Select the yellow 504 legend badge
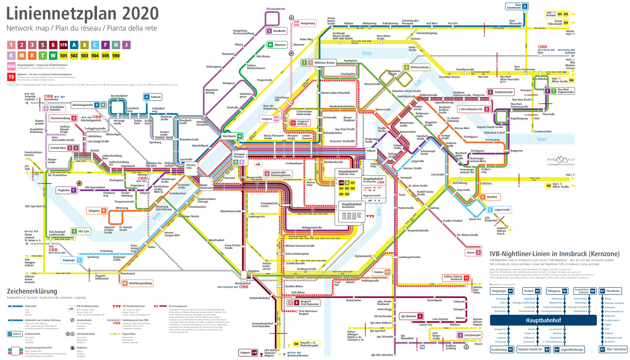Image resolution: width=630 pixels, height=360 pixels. pos(95,56)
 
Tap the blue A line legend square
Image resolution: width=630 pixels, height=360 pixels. pos(74,45)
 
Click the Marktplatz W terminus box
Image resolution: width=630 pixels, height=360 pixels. pos(232,136)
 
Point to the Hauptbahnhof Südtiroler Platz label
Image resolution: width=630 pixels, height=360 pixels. pos(348,173)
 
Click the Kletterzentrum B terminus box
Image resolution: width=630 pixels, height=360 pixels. pos(416,67)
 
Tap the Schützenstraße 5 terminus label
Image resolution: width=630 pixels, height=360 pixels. pos(501,92)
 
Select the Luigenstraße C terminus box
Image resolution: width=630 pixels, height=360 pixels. pos(499,210)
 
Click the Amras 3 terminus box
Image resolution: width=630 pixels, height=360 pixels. pos(474,252)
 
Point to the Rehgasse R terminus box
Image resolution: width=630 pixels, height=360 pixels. pos(97,211)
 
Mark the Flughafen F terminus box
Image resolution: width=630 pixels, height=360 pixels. pos(66,190)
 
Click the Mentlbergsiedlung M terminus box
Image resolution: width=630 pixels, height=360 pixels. pos(137,283)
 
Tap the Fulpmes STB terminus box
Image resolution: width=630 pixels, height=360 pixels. pos(248,353)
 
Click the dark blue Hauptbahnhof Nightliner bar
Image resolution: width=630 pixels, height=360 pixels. pos(543,320)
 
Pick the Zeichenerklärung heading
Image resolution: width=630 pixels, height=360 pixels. pos(32,291)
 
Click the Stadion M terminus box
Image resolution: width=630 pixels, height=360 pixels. pos(381,272)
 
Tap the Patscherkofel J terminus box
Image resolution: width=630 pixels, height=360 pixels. pos(469,335)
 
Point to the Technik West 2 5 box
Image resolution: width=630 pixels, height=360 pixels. pos(64,148)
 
